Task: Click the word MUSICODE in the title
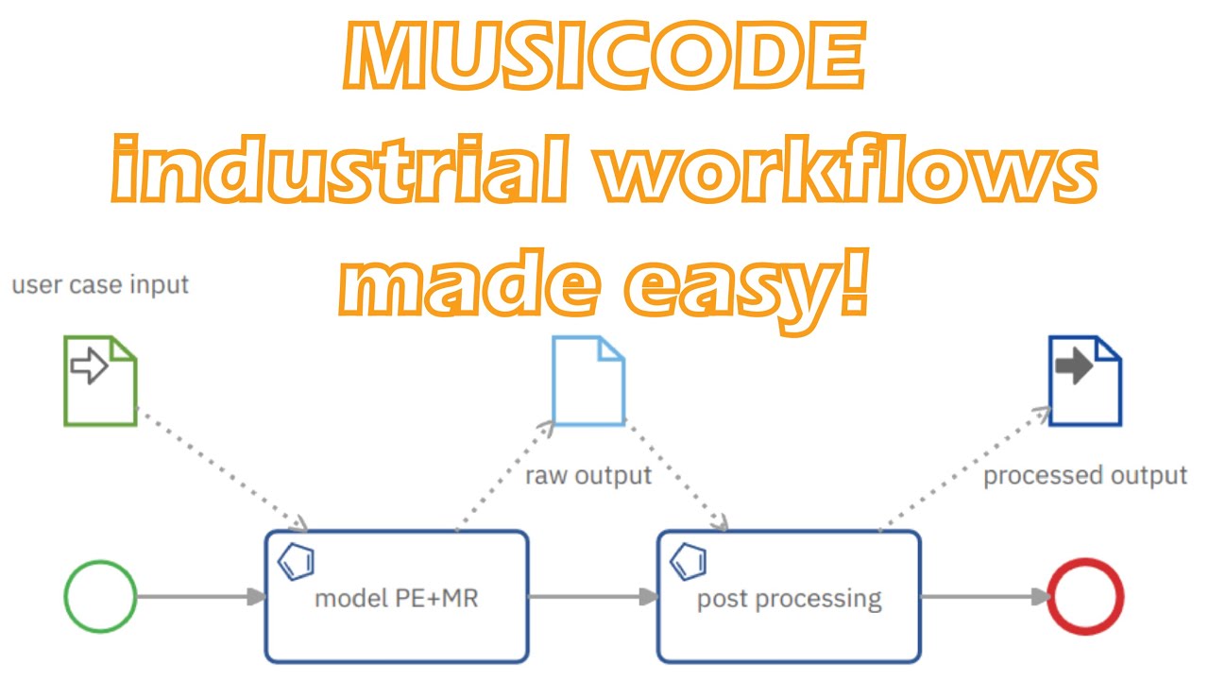pyautogui.click(x=604, y=59)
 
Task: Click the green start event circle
pyautogui.click(x=100, y=597)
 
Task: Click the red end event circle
pyautogui.click(x=1086, y=597)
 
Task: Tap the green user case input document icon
pyautogui.click(x=100, y=381)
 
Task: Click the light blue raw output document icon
pyautogui.click(x=588, y=381)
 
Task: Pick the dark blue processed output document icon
pyautogui.click(x=1085, y=381)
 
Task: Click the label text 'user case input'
pyautogui.click(x=100, y=284)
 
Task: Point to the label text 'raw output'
pyautogui.click(x=588, y=475)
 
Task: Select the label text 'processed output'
pyautogui.click(x=1085, y=475)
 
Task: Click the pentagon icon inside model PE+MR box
pyautogui.click(x=297, y=562)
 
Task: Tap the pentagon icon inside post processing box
pyautogui.click(x=690, y=562)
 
